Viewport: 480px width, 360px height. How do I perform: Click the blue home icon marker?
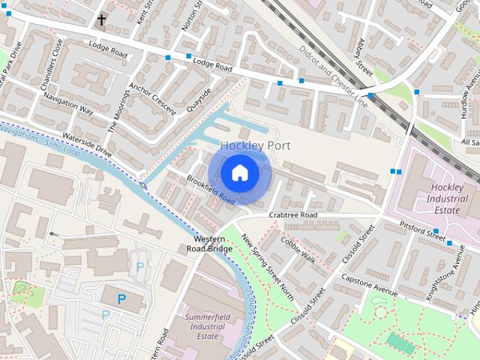coord(239,173)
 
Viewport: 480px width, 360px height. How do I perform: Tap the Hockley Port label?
coord(255,145)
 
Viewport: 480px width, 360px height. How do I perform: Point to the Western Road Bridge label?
coord(209,243)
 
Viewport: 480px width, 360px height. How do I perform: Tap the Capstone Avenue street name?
coord(369,283)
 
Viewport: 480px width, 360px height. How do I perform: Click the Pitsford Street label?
coord(423,229)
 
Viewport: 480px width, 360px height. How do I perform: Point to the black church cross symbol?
coord(101,19)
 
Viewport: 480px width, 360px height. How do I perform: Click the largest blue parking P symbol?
coord(121,299)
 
